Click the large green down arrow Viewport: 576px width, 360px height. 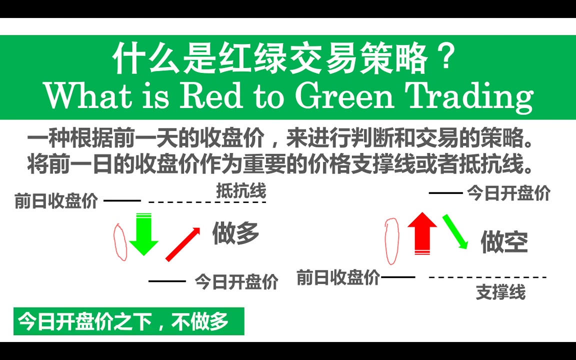coord(143,235)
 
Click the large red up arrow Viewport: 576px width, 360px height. coord(422,233)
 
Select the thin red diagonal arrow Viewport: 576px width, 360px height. coord(182,244)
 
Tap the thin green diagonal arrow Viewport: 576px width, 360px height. coord(455,231)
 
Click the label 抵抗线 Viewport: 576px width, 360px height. coord(241,190)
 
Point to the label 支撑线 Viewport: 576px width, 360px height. coord(500,292)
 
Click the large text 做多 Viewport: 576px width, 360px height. coord(235,233)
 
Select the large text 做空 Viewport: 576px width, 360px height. coord(504,242)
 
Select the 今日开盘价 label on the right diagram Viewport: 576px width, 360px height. coord(508,193)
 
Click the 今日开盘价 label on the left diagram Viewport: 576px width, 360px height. coord(236,281)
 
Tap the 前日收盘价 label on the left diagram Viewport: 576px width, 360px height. coord(56,201)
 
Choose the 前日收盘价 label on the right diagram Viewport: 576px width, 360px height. coord(338,277)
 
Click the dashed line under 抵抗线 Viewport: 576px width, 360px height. coord(207,202)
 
